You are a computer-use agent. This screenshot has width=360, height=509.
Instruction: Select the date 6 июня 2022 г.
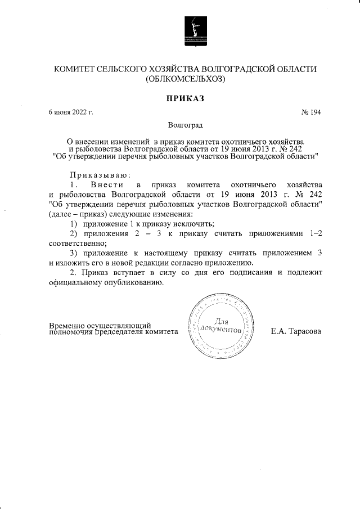pos(70,112)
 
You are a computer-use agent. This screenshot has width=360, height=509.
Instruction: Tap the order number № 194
pos(311,112)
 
